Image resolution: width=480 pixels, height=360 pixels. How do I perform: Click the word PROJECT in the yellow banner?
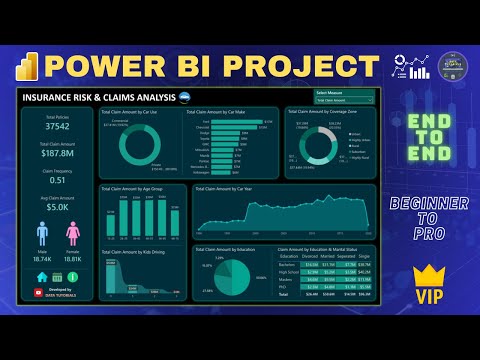288,65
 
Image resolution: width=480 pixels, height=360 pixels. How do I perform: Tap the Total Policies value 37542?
58,127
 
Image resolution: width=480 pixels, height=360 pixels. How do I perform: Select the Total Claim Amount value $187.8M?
58,153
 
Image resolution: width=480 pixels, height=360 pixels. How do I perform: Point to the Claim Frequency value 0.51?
58,180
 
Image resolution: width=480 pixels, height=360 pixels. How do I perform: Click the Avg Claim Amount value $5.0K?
58,207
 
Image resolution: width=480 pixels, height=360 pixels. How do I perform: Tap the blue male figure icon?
43,233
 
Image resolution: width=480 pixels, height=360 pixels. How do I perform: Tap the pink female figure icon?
73,233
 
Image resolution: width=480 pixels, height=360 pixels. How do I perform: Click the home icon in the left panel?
42,276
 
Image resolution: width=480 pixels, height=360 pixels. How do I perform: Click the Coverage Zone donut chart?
317,144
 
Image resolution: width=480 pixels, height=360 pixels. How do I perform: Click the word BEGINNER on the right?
427,204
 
